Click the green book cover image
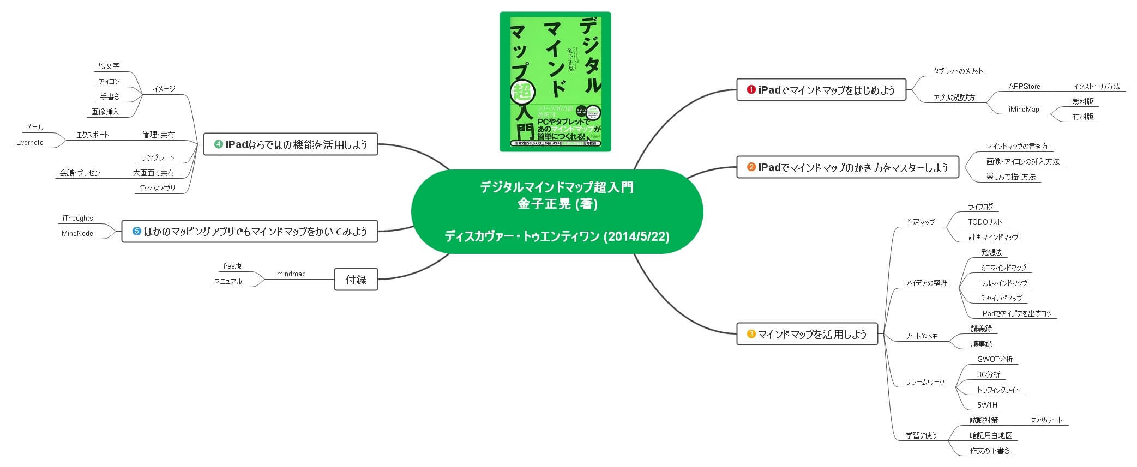pyautogui.click(x=555, y=82)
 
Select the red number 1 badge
pyautogui.click(x=751, y=90)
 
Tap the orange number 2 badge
pyautogui.click(x=751, y=167)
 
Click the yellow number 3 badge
pyautogui.click(x=751, y=334)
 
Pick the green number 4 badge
pyautogui.click(x=218, y=144)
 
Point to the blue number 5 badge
pyautogui.click(x=137, y=231)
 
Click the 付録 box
pyautogui.click(x=356, y=280)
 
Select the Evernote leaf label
pyautogui.click(x=30, y=143)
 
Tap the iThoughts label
pyautogui.click(x=77, y=218)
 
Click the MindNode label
pyautogui.click(x=77, y=233)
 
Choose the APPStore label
pyautogui.click(x=1024, y=86)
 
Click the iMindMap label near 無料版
pyautogui.click(x=1024, y=109)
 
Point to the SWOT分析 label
pyautogui.click(x=995, y=359)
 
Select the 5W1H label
pyautogui.click(x=987, y=405)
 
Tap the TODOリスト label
pyautogui.click(x=985, y=222)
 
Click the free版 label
pyautogui.click(x=232, y=266)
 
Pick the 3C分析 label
pyautogui.click(x=988, y=374)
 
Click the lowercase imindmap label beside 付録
pyautogui.click(x=290, y=274)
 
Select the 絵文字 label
pyautogui.click(x=109, y=66)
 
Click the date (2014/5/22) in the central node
pyautogui.click(x=636, y=236)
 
